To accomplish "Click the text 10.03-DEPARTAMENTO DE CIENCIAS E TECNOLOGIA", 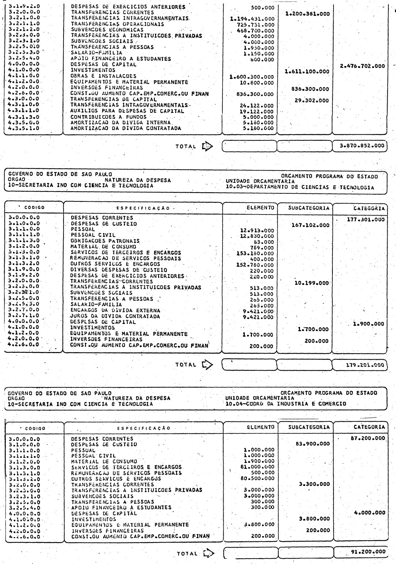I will pyautogui.click(x=300, y=188).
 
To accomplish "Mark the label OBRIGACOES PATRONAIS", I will pyautogui.click(x=105, y=241).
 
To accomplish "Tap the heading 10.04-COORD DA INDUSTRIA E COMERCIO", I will pyautogui.click(x=286, y=404).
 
